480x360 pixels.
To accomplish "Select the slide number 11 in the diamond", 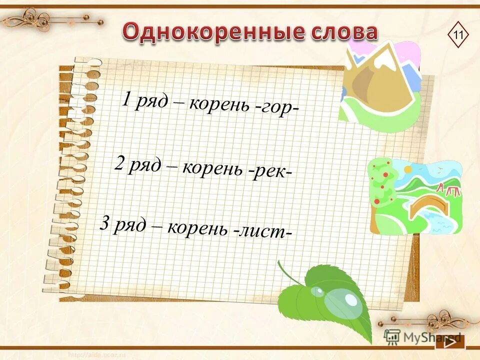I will coord(458,35).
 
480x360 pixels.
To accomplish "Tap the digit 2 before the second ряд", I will coord(119,163).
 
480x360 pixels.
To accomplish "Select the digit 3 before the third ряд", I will coord(104,223).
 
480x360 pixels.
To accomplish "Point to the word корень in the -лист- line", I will coord(197,228).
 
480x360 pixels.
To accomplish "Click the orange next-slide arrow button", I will coord(449,342).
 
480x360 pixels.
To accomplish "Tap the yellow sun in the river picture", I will coord(408,170).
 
